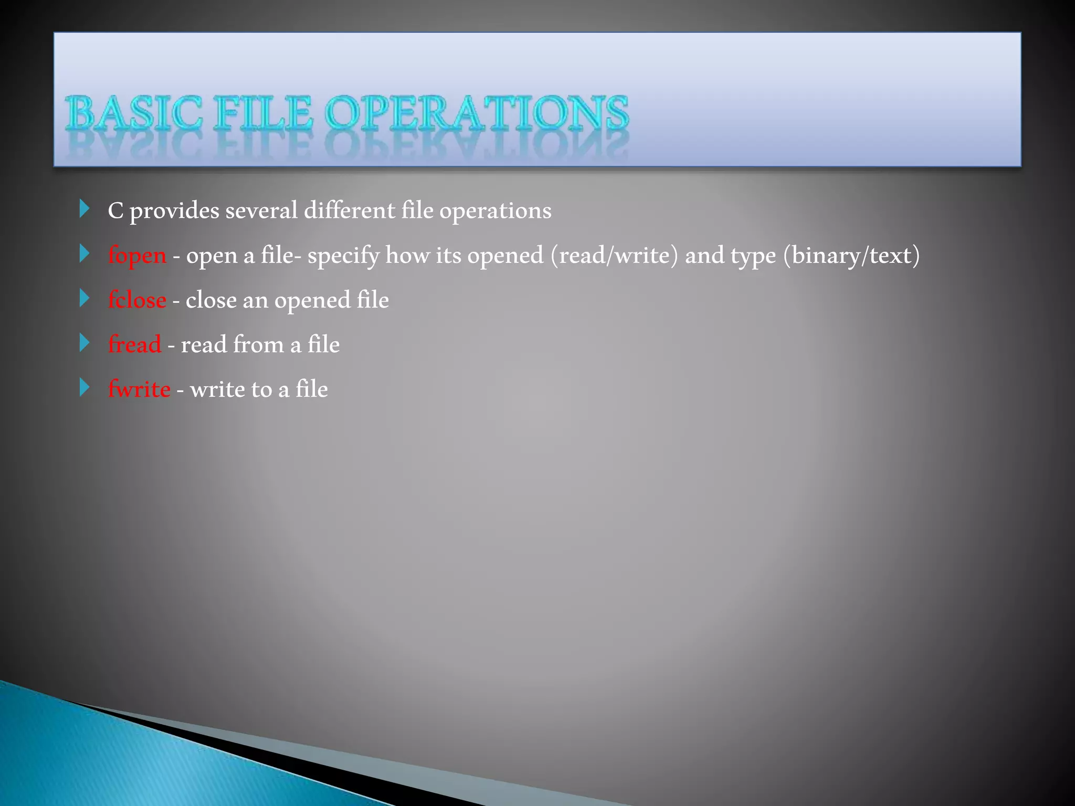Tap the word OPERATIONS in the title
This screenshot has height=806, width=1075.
point(477,113)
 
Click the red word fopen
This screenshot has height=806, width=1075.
point(137,256)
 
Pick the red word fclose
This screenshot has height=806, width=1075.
point(137,300)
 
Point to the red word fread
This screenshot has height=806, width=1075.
point(134,345)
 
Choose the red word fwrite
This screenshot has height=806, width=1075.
point(139,389)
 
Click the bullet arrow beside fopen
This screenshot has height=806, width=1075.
point(85,254)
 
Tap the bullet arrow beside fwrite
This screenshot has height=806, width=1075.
point(85,388)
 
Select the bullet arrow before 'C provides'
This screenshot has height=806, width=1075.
point(85,209)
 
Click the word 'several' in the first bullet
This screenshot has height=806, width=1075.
point(261,211)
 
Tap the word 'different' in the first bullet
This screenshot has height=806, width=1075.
point(350,211)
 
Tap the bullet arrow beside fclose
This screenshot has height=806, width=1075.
point(85,299)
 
